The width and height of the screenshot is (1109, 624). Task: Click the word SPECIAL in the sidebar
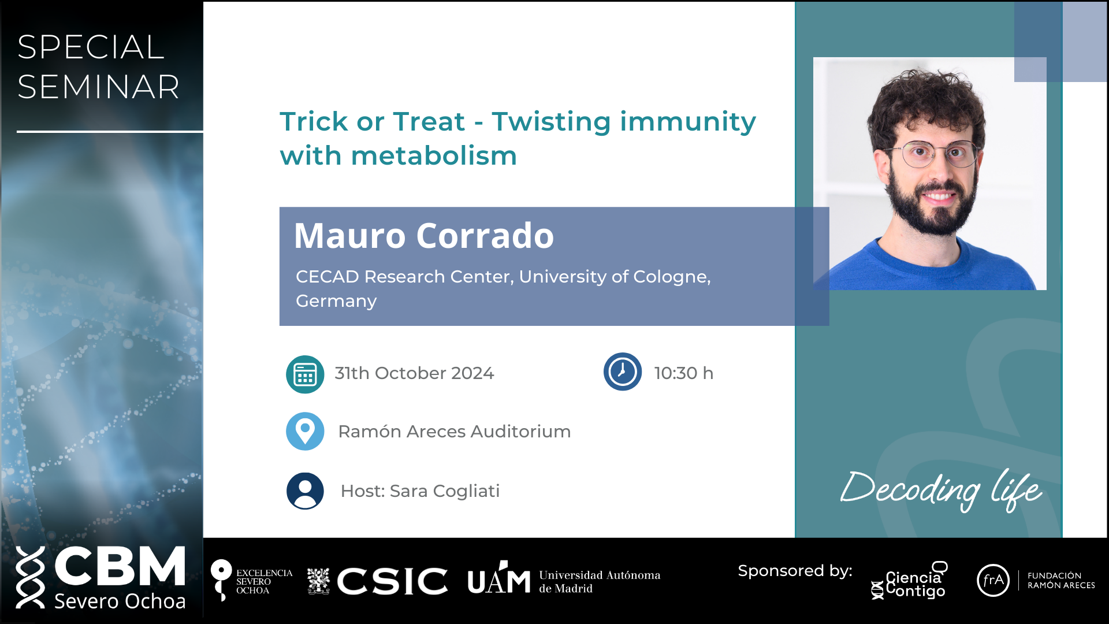click(91, 47)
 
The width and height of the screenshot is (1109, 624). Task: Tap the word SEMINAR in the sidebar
click(98, 87)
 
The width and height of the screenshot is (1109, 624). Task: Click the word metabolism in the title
click(434, 156)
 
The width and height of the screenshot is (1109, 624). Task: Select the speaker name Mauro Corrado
click(424, 236)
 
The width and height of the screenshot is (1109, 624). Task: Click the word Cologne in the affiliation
click(672, 277)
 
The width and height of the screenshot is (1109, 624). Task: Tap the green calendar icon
click(305, 374)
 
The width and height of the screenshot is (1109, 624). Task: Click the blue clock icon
click(623, 372)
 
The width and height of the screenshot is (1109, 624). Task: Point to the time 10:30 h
click(684, 373)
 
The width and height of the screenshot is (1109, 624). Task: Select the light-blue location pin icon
click(305, 431)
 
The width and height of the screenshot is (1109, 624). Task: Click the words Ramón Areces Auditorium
click(455, 432)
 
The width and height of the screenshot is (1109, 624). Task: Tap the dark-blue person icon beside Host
click(305, 491)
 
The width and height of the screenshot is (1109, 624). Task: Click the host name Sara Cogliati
click(445, 491)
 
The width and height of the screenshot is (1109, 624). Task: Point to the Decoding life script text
click(941, 490)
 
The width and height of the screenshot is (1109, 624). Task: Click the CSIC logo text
click(392, 581)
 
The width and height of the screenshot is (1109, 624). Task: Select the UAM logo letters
click(499, 578)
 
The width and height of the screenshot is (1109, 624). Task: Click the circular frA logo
click(993, 580)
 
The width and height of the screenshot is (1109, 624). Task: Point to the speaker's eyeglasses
click(931, 154)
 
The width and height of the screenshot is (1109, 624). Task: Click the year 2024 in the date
click(472, 373)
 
